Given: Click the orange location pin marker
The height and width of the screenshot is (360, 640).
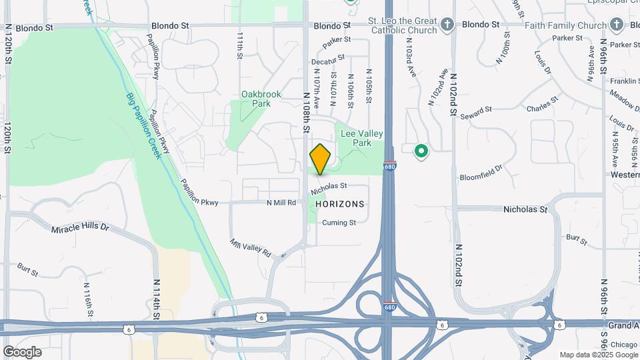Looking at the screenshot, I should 321,159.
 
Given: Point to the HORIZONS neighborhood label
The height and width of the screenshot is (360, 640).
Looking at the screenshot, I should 340,204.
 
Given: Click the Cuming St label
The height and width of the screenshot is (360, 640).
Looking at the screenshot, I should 339,223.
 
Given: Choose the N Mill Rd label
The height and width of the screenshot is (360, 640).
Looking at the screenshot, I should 281,203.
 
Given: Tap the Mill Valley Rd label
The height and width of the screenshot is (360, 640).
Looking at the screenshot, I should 251,248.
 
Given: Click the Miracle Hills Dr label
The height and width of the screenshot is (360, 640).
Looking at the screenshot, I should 80,228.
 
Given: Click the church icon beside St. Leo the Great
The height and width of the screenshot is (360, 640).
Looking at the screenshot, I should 447,25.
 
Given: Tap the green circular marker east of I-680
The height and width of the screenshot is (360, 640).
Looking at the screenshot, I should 421,151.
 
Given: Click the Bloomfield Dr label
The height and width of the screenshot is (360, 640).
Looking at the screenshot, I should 481,177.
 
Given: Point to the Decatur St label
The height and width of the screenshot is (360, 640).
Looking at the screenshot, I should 329,60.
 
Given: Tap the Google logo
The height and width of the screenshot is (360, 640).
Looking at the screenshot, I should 22,351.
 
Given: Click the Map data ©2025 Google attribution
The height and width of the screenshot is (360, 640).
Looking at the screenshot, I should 599,355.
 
